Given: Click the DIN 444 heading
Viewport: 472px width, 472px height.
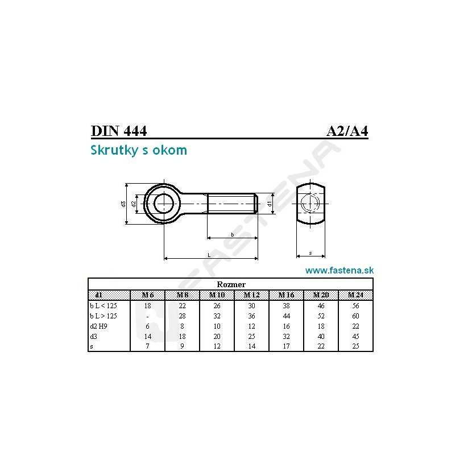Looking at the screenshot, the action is [x=119, y=131].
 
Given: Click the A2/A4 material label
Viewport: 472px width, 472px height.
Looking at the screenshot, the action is [x=347, y=131].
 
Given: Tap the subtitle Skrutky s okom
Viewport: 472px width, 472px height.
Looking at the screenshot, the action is [x=139, y=150].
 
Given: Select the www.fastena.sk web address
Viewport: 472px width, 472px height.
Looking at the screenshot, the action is [x=339, y=270].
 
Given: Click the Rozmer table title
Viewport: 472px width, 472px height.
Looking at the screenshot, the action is [x=231, y=284].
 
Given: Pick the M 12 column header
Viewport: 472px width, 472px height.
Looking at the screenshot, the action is [x=252, y=295].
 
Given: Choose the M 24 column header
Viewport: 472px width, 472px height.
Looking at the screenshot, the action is [x=356, y=295].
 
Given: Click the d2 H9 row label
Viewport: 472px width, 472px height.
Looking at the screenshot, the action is [x=98, y=326].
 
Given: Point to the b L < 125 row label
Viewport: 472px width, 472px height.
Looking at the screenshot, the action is [x=103, y=306].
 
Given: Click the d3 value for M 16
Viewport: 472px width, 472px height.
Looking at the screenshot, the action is [x=286, y=337].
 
